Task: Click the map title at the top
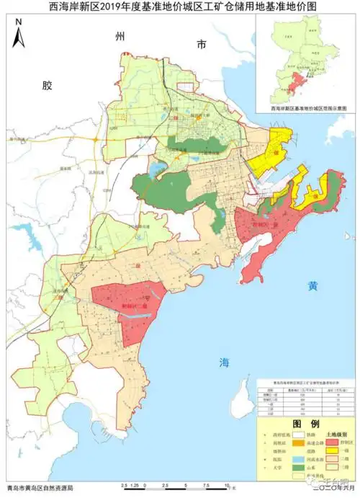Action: click(179, 7)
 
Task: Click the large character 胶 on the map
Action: click(48, 85)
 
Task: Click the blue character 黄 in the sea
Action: click(312, 285)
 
